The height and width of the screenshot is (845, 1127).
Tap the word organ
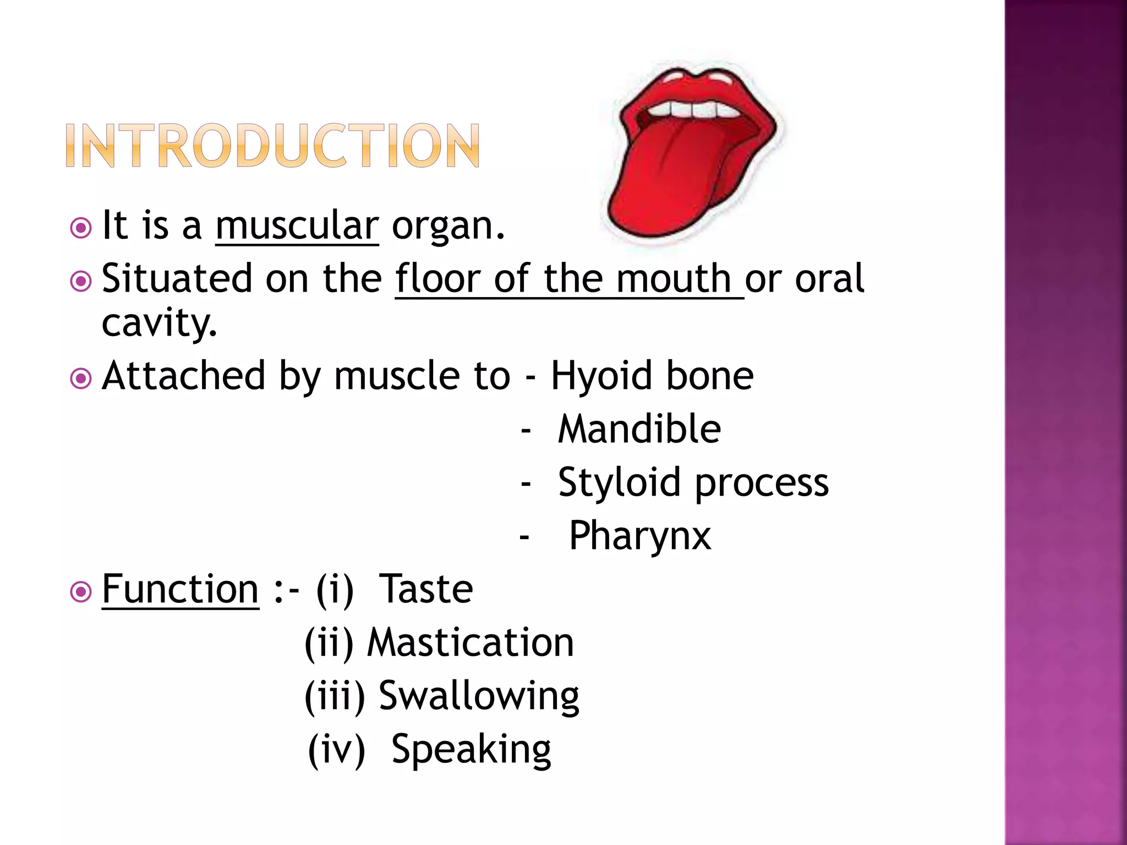[447, 227]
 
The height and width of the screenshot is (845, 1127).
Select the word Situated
[177, 278]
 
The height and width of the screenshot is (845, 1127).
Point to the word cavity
[159, 323]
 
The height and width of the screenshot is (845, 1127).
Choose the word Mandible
[639, 429]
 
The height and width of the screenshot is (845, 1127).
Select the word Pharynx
[639, 536]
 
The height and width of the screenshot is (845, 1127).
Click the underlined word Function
[180, 589]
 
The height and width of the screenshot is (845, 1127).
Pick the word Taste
[426, 589]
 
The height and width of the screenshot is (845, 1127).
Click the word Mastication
[471, 643]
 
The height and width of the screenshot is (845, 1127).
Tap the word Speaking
[471, 749]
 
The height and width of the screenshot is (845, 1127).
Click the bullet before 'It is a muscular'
[81, 228]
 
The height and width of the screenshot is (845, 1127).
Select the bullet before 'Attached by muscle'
[81, 378]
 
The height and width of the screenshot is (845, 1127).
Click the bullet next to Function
[81, 592]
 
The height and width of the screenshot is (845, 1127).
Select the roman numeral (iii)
[335, 696]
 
